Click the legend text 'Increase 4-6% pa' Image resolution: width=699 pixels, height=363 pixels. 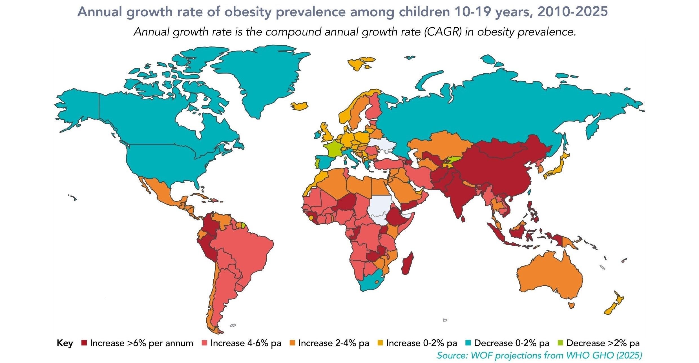pos(245,343)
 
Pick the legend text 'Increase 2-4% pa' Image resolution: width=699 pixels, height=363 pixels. pos(333,343)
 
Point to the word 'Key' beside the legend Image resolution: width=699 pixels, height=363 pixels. pos(65,343)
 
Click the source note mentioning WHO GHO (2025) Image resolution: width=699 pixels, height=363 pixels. pos(539,355)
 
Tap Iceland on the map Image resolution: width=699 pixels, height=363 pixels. pos(299,106)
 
